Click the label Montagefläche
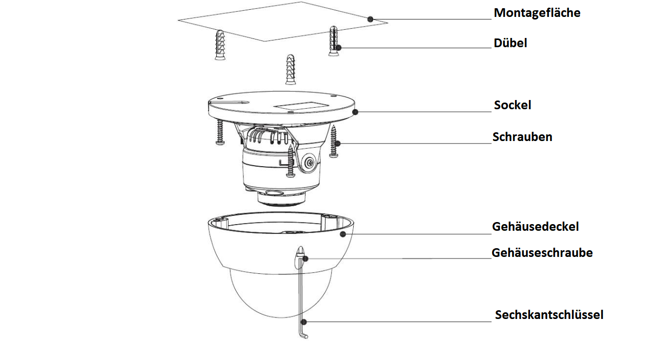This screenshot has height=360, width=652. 537,13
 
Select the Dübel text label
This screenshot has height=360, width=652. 510,43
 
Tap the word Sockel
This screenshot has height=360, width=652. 512,105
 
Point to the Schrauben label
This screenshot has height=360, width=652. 522,137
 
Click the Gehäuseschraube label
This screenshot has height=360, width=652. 542,253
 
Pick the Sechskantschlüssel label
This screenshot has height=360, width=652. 548,315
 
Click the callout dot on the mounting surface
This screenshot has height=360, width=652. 371,19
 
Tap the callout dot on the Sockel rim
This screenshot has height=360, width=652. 355,111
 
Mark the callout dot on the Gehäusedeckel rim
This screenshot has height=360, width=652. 343,234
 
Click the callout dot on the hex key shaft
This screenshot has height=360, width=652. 304,322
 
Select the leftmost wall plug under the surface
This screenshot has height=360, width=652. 220,45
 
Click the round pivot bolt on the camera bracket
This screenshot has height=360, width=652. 309,162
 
